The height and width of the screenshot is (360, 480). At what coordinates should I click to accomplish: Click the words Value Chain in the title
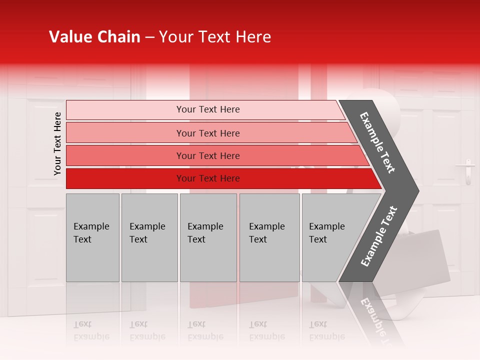pos(94,37)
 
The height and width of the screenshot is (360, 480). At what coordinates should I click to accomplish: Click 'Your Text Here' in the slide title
pos(215,37)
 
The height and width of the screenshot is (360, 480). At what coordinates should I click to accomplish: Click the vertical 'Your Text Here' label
pos(57,144)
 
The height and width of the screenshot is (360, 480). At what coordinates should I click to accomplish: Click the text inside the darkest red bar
pos(208,178)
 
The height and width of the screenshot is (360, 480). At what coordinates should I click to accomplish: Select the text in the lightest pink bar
pos(208,109)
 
